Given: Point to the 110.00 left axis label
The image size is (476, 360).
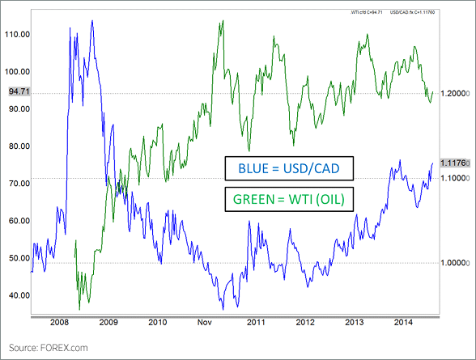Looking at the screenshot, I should point(17,35).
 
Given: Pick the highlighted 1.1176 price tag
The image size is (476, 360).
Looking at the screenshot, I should point(453,163).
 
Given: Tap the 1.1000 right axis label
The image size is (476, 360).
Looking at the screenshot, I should point(453,176).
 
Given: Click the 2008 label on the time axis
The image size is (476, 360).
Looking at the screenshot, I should point(57,321).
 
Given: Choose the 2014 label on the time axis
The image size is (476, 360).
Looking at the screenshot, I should point(404,321).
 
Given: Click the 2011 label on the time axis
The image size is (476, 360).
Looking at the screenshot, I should point(256,321).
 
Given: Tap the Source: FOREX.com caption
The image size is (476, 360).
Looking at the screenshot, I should point(49,348).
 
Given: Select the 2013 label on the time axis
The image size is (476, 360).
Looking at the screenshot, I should point(355,321).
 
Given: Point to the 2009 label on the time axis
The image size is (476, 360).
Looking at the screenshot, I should point(108,321).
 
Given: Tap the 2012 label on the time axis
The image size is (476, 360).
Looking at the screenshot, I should point(305,321).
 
